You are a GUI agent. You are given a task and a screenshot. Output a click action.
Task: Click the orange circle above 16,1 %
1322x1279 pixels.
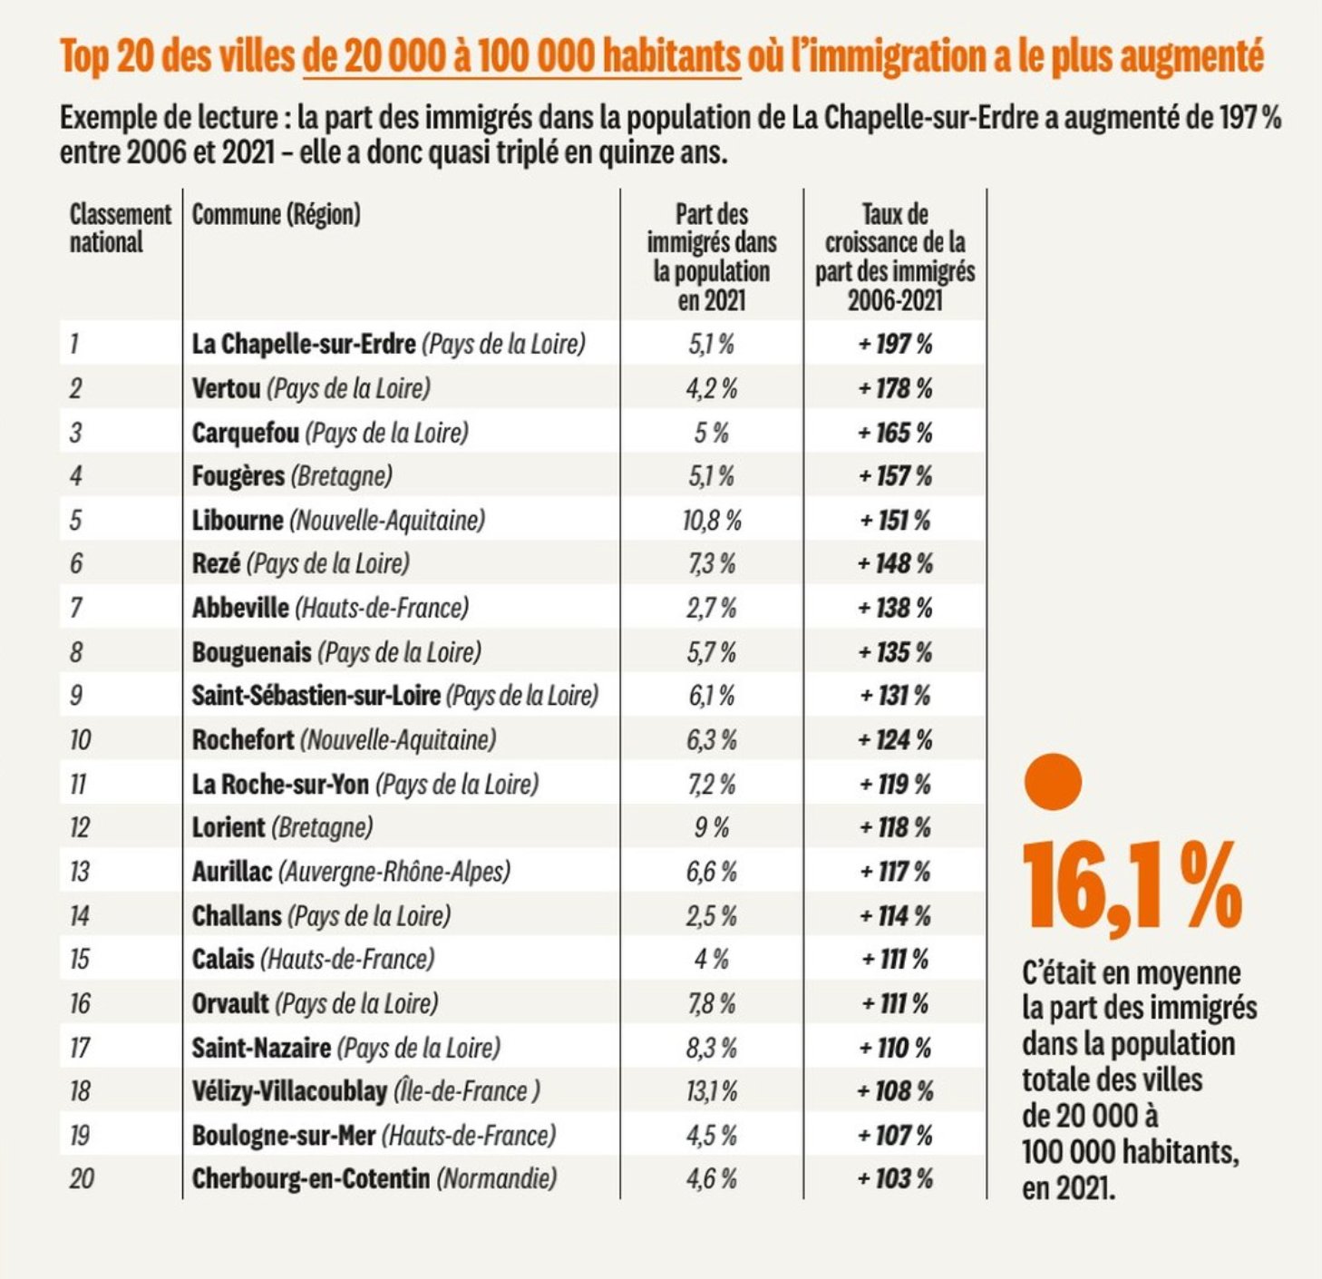pos(1052,781)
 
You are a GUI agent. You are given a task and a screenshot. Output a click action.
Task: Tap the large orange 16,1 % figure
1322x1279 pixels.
pos(1132,885)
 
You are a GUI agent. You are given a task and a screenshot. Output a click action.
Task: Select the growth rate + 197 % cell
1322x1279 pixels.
pos(895,344)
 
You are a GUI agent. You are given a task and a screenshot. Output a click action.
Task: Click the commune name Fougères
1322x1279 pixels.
pos(238,476)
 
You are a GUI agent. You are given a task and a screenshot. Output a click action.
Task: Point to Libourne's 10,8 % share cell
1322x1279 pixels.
pos(712,521)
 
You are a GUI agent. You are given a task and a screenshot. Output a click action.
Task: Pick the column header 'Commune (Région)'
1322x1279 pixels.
pos(276,215)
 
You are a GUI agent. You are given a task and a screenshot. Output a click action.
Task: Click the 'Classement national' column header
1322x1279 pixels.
pos(119,228)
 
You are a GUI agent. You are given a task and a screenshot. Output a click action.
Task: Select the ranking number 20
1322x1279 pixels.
pos(81,1178)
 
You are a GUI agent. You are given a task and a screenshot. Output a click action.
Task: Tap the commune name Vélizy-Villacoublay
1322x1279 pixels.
pos(289,1090)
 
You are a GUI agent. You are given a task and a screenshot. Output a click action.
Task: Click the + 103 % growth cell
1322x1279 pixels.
pos(895,1178)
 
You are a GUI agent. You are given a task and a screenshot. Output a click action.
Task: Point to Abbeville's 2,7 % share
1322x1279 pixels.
pos(712,608)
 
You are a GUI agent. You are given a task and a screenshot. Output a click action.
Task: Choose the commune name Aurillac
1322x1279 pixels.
pos(232,872)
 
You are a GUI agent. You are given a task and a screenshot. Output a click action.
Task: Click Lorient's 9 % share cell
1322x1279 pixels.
pos(712,827)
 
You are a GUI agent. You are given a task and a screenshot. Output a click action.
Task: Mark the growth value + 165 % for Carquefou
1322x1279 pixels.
pos(895,433)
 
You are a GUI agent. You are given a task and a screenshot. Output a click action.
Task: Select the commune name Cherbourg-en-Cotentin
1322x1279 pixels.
pos(311,1178)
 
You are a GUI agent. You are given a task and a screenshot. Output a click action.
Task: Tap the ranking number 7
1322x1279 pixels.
pos(76,608)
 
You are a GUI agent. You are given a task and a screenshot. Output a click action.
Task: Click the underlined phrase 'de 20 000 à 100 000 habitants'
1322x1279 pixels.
pos(521,56)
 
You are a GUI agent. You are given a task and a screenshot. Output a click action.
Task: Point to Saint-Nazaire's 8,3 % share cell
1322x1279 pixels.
pos(712,1048)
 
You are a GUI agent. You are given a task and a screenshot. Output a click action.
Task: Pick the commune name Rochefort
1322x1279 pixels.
pos(243,740)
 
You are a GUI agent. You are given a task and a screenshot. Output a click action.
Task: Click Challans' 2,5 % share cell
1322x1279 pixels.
pos(712,915)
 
